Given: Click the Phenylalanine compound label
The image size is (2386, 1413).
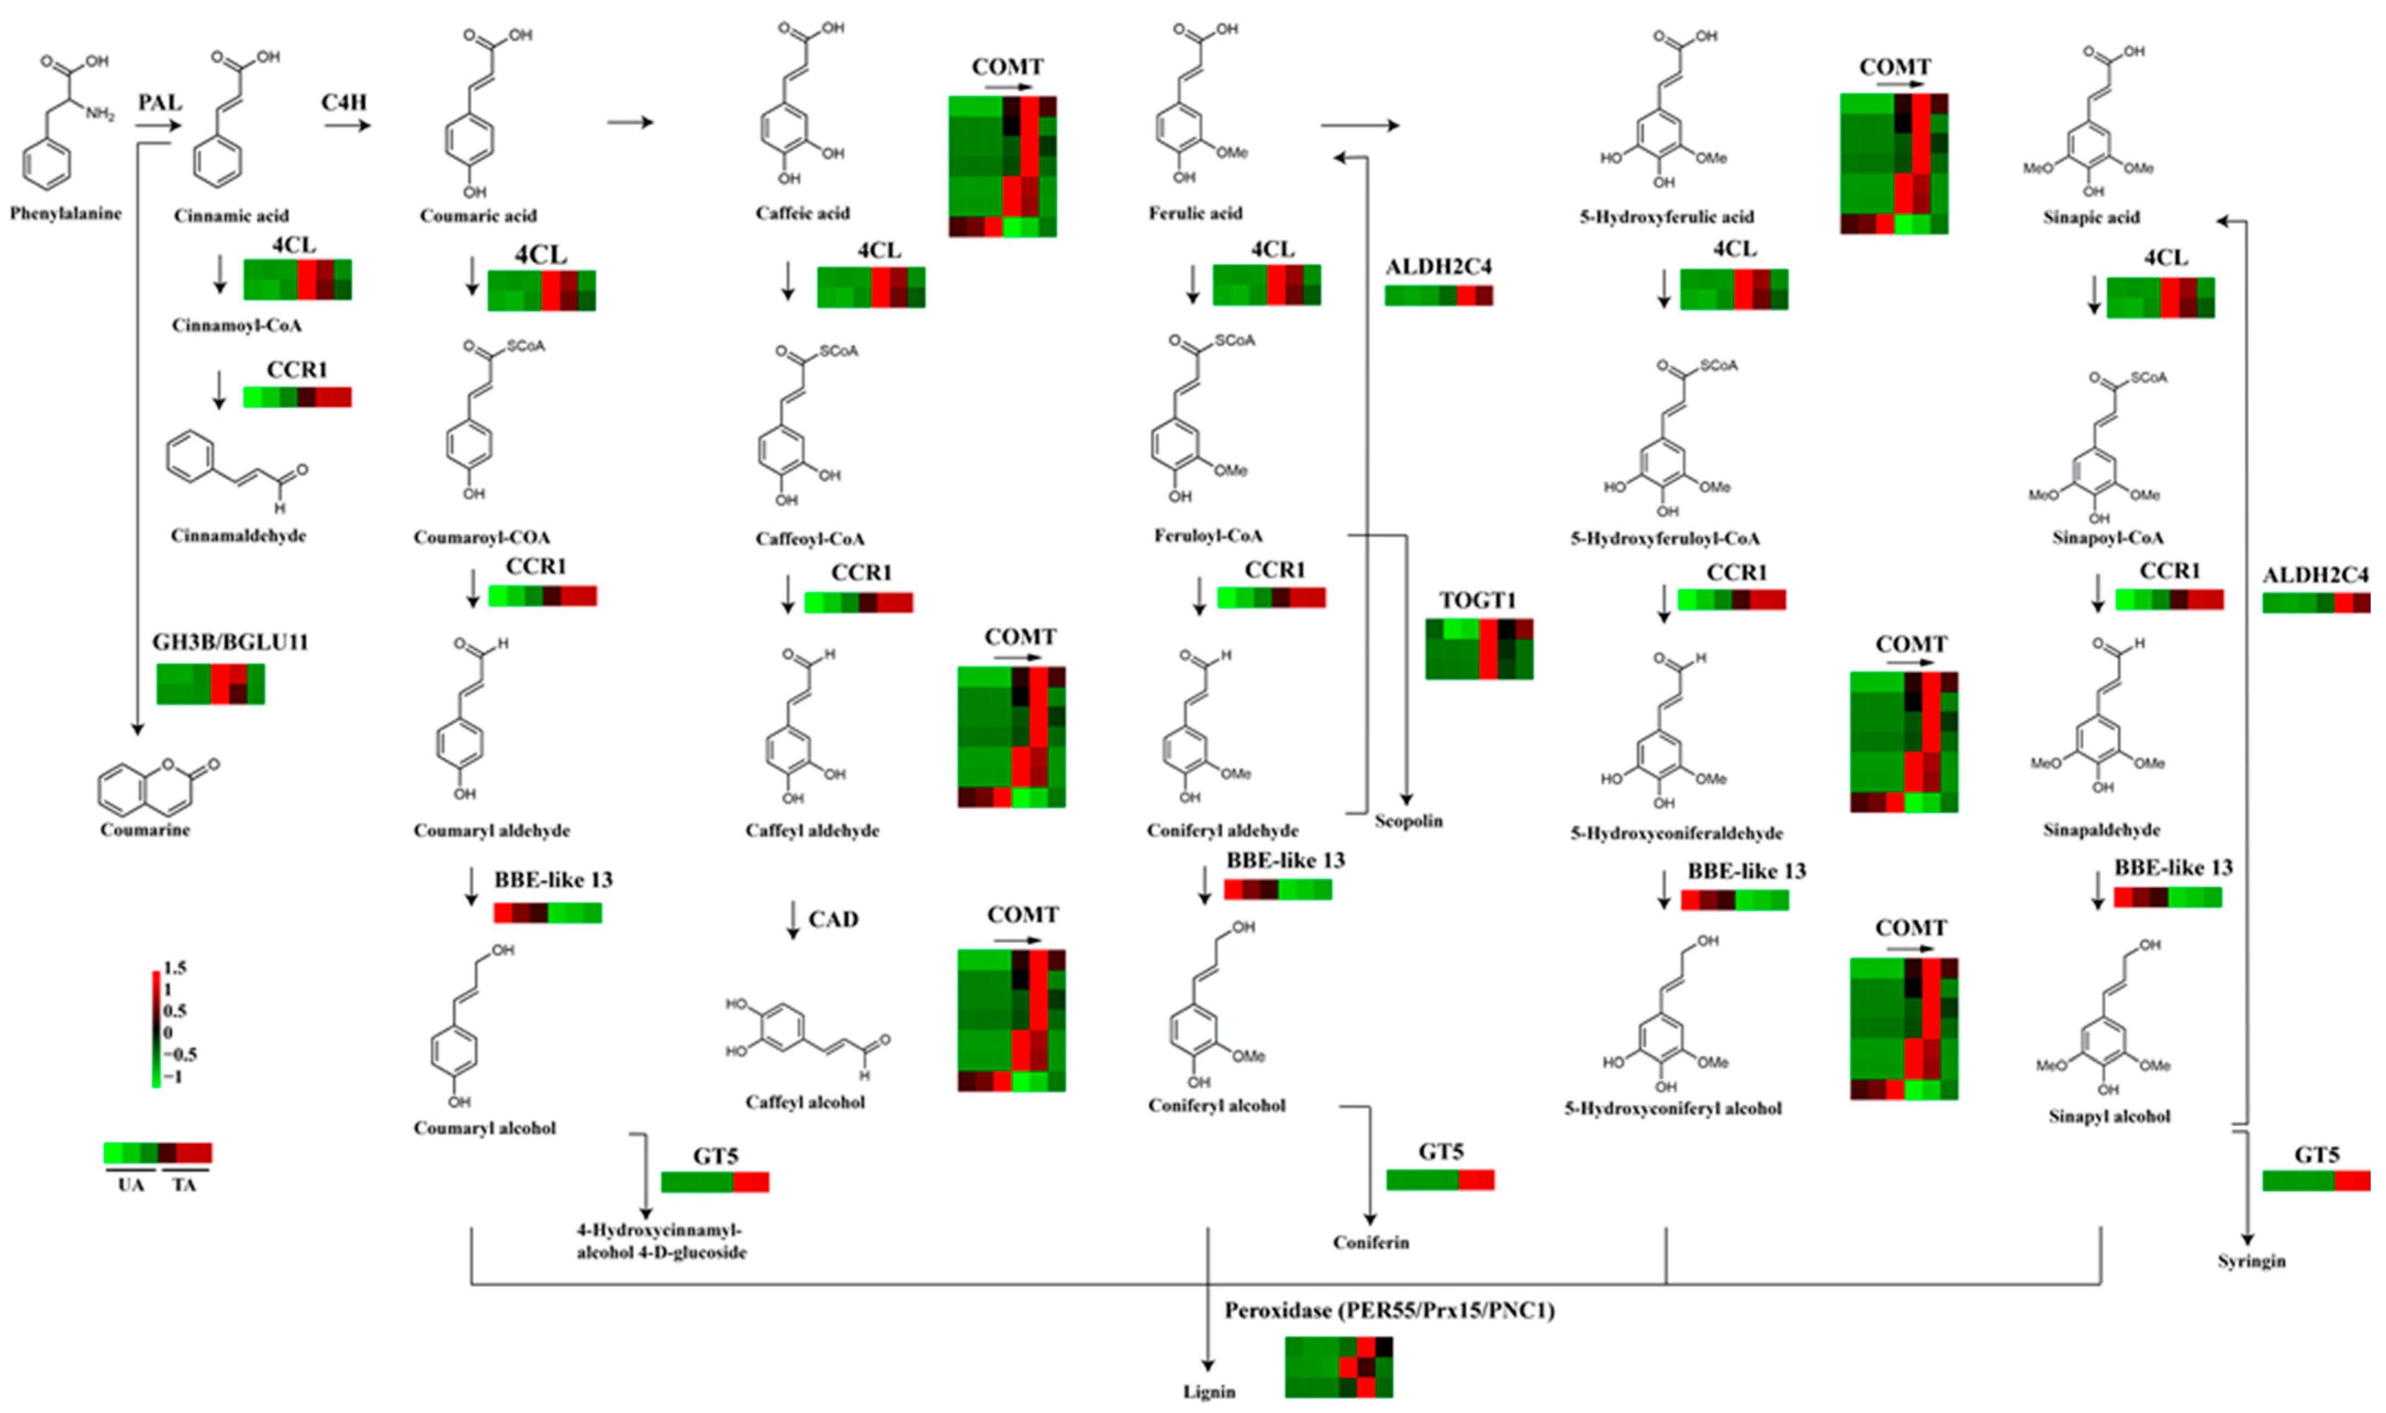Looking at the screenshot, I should (66, 213).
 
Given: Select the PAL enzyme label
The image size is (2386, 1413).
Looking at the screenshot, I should (159, 102).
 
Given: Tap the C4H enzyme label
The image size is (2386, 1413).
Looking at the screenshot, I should (344, 102).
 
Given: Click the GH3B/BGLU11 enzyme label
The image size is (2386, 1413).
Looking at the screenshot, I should (231, 643).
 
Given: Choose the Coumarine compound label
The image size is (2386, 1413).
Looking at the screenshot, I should (145, 829).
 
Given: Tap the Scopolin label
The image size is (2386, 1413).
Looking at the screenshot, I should (1408, 821).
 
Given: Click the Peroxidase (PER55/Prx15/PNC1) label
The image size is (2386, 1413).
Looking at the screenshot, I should (1389, 1311).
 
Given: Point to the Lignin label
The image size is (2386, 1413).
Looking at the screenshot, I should (1209, 1392).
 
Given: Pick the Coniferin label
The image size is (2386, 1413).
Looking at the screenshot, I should (1371, 1242).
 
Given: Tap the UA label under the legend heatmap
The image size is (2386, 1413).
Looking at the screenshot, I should (131, 1185).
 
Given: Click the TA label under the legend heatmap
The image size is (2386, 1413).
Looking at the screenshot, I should (184, 1185).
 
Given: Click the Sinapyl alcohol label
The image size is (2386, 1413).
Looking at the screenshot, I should (2109, 1116).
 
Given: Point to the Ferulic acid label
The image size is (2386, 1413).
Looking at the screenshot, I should (1195, 213).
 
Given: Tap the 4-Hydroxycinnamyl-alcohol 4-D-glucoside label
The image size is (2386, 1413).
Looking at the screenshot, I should (661, 1242).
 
